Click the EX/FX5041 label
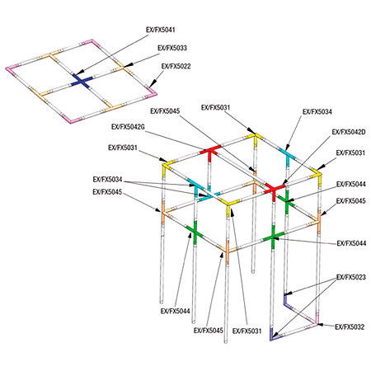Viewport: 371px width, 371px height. tap(161, 30)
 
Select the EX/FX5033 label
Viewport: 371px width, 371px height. tap(172, 48)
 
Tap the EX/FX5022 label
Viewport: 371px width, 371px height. tap(176, 66)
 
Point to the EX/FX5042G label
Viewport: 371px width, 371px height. tap(128, 127)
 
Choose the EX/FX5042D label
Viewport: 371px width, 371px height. tap(349, 132)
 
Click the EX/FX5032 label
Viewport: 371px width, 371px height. tap(350, 327)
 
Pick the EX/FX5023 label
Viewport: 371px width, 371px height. tap(351, 277)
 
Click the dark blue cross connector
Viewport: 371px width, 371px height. tap(82, 81)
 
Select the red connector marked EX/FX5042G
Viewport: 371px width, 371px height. tap(210, 153)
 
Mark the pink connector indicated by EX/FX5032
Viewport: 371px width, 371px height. tap(315, 321)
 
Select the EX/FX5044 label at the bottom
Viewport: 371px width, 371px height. tap(176, 311)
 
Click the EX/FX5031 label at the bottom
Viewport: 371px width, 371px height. tap(247, 331)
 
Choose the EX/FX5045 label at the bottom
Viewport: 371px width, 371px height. tap(209, 330)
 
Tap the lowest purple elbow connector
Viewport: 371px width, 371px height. tap(274, 336)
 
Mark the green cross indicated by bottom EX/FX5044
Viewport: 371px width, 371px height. tap(195, 232)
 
